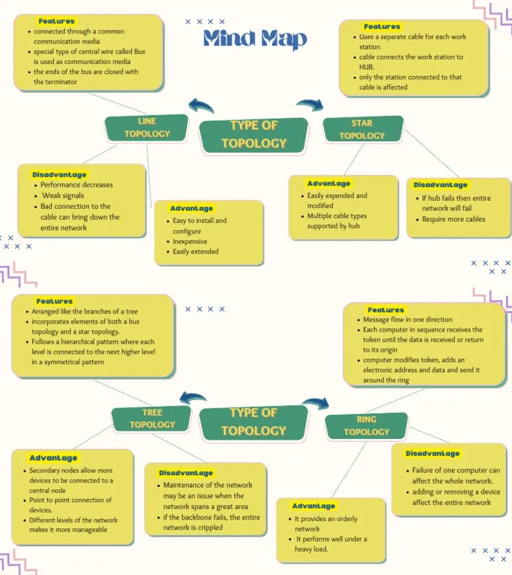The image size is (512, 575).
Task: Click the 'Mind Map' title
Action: [x=255, y=39]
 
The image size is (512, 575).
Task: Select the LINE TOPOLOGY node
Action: [x=147, y=128]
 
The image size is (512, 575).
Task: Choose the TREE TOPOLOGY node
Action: [x=152, y=419]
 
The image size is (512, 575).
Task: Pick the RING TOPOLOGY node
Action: [x=366, y=426]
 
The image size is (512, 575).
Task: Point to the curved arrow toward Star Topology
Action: [x=309, y=104]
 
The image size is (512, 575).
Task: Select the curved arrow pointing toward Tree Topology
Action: [x=193, y=398]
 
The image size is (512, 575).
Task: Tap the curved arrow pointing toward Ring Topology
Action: [x=316, y=403]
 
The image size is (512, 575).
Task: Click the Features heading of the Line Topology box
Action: [x=57, y=21]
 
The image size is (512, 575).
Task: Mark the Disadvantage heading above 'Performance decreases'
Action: [x=59, y=175]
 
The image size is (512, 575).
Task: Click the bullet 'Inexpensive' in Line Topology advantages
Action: [x=190, y=241]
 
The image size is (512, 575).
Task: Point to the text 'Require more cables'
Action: [x=453, y=219]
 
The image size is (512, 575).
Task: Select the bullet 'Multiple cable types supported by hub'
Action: [x=337, y=221]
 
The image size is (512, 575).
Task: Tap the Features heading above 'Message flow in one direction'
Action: [x=386, y=310]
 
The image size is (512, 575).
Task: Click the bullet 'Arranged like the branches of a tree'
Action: [x=85, y=312]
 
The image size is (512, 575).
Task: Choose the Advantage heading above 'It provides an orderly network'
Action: [x=313, y=506]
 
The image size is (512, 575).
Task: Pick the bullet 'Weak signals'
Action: [x=63, y=195]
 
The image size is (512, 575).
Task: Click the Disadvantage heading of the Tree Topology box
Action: [x=186, y=473]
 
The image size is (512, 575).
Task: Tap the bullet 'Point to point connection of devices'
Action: [x=71, y=505]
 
